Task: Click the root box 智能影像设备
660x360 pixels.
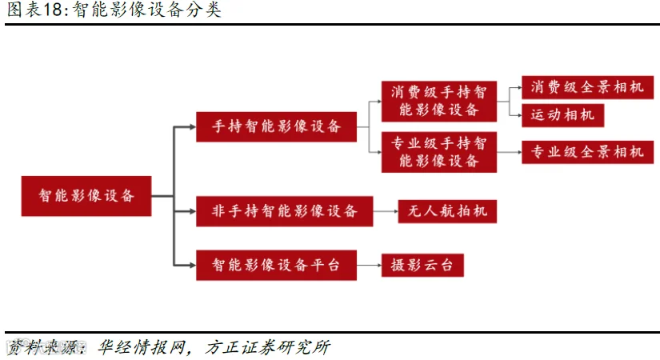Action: [x=86, y=196]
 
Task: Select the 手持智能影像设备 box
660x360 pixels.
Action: [x=276, y=126]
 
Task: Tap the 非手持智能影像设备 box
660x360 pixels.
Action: [x=285, y=211]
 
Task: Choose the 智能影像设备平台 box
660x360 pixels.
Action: [x=276, y=266]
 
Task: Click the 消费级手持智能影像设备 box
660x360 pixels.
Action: [x=439, y=102]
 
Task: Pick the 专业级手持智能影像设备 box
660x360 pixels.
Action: [x=439, y=152]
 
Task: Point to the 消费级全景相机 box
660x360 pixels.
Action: [x=588, y=87]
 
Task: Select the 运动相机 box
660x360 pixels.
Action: [x=562, y=115]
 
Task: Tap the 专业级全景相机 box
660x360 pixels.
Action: [x=588, y=152]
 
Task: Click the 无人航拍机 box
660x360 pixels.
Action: [x=447, y=211]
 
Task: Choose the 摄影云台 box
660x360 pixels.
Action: [x=422, y=266]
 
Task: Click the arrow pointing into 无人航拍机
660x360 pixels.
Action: [x=386, y=211]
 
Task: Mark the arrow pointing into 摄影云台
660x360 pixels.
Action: [x=369, y=266]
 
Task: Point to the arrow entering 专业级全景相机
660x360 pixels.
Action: [x=510, y=152]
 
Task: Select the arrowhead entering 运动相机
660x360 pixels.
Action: [x=519, y=115]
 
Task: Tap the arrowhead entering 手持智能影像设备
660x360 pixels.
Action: [x=193, y=126]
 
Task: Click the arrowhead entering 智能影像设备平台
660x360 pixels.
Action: [x=193, y=266]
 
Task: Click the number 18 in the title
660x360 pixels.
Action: [x=53, y=10]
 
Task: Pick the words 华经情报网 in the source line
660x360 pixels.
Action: [x=141, y=348]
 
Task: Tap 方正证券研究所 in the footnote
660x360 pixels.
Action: [x=268, y=348]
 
